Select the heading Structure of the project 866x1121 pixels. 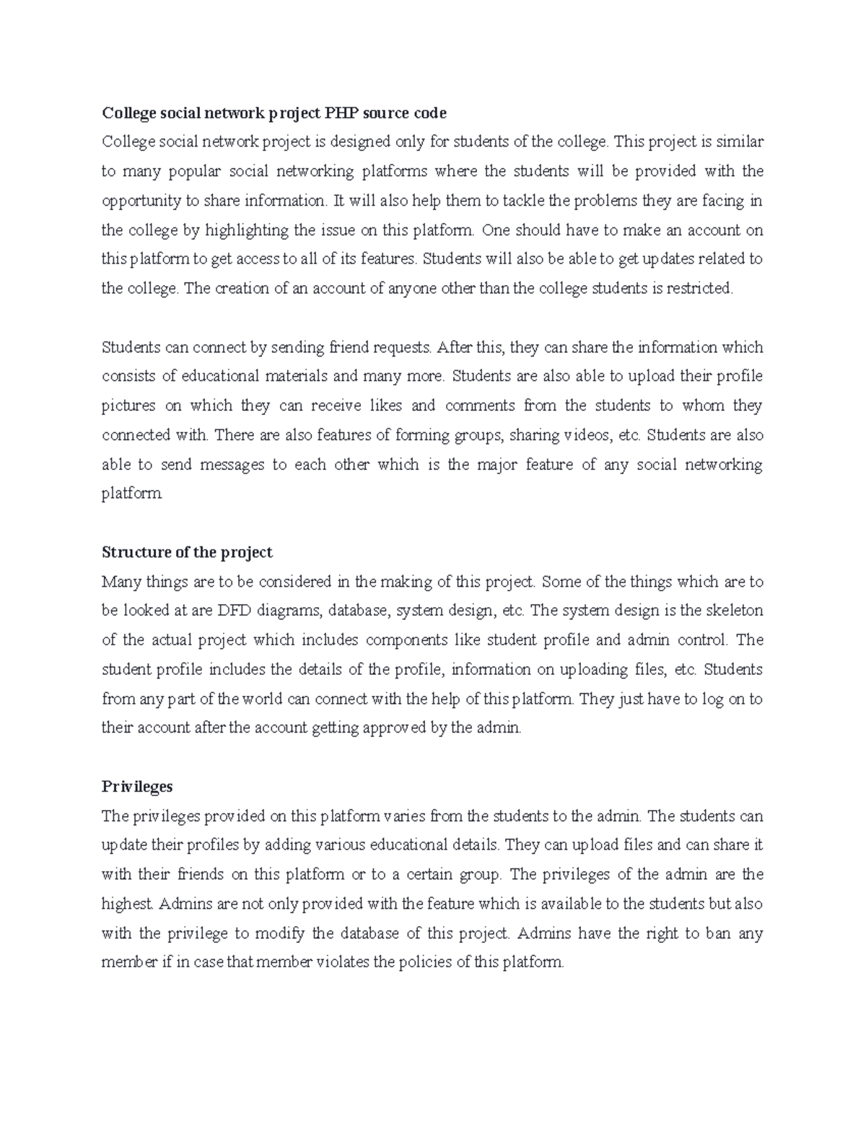(187, 552)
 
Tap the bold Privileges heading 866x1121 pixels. (137, 786)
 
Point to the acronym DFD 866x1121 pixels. (233, 611)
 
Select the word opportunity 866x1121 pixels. (141, 201)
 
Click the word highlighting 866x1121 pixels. (246, 230)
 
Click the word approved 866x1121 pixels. (393, 728)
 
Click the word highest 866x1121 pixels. (127, 904)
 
